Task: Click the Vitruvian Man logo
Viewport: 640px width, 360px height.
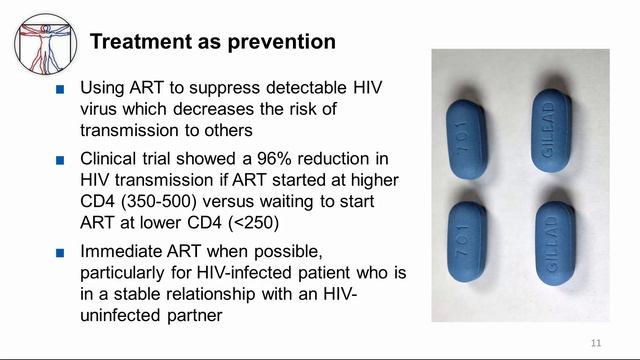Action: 46,43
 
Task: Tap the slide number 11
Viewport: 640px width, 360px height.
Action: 596,343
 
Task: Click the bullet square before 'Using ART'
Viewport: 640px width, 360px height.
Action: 61,88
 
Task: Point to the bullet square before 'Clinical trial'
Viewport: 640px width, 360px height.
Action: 61,159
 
